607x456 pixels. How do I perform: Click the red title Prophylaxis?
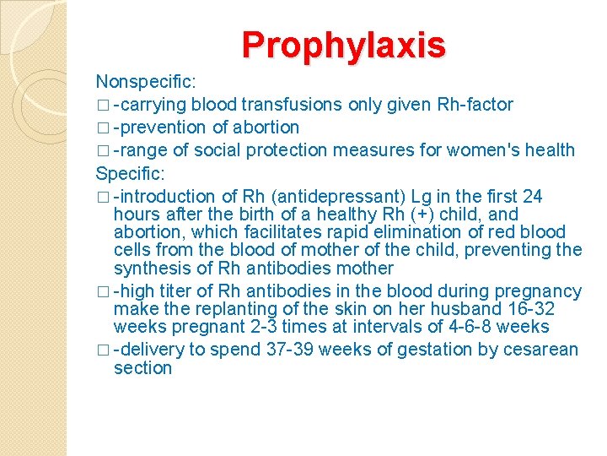343,45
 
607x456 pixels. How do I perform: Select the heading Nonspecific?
146,82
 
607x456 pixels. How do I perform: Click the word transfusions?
292,105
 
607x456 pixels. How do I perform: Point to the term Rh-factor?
475,105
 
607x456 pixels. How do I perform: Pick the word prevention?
164,128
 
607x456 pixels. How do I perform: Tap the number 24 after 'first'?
533,196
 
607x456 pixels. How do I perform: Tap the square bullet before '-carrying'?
102,106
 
